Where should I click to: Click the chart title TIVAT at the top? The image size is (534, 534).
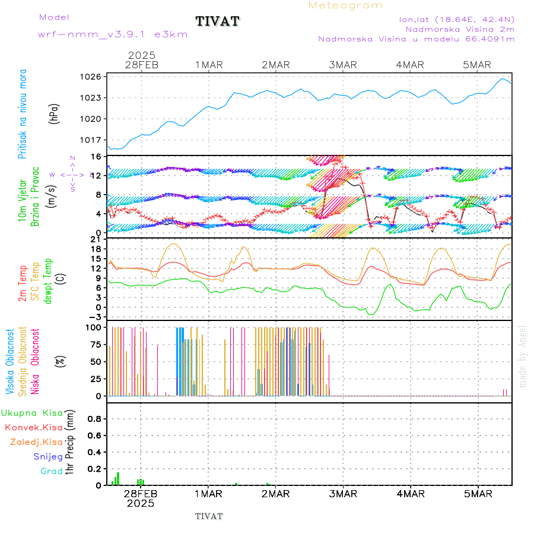(x=218, y=22)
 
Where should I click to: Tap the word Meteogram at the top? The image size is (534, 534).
(x=345, y=5)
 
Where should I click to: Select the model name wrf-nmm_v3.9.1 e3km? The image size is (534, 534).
(x=113, y=34)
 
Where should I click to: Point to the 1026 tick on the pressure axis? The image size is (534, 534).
(x=92, y=77)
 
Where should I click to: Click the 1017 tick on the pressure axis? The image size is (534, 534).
(x=92, y=140)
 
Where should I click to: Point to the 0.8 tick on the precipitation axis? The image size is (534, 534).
(x=94, y=418)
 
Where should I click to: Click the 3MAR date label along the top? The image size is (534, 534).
(x=343, y=65)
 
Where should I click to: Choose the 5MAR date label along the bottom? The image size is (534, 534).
(x=478, y=494)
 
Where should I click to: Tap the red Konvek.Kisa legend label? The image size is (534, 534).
(x=33, y=427)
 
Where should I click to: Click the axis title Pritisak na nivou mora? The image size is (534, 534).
(x=23, y=115)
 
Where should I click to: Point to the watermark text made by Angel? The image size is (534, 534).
(x=523, y=356)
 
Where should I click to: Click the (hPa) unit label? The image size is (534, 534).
(x=54, y=113)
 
